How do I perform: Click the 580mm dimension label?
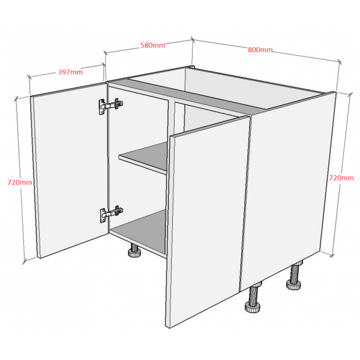tap(152, 45)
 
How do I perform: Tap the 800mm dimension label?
tap(260, 50)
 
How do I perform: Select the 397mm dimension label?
tap(70, 72)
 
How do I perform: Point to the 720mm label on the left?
tap(20, 182)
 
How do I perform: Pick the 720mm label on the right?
tap(341, 178)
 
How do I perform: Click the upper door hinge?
tap(110, 106)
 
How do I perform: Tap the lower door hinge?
tap(111, 213)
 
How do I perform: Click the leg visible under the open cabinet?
tap(133, 251)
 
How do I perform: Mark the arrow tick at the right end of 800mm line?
tap(340, 61)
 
